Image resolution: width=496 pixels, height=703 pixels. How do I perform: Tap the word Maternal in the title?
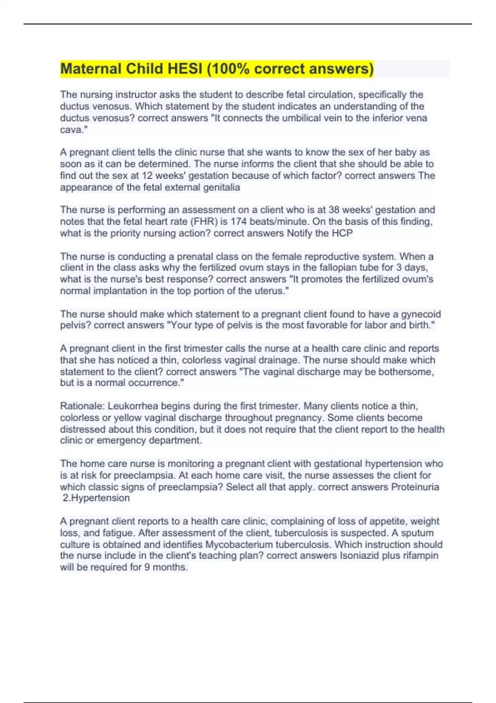[x=91, y=69]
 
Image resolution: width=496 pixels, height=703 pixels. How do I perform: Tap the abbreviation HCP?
[x=342, y=233]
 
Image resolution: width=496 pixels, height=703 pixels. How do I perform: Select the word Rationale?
[x=82, y=406]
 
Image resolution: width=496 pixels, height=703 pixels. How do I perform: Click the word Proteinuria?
[x=415, y=487]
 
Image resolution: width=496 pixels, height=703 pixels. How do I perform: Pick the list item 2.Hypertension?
[x=96, y=498]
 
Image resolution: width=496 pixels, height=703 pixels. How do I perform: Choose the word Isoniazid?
[x=359, y=555]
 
